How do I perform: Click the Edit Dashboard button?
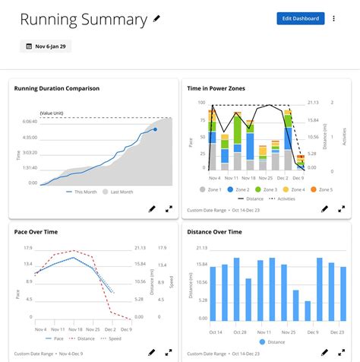301,18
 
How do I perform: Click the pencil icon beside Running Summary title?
157,18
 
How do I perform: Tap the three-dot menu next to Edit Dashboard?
335,18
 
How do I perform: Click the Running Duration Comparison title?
57,88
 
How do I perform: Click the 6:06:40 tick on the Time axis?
30,122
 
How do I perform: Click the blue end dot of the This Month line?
155,129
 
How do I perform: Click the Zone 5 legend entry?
323,189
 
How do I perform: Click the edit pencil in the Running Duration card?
152,208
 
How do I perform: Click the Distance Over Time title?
219,232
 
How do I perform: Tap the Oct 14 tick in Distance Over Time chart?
216,332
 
